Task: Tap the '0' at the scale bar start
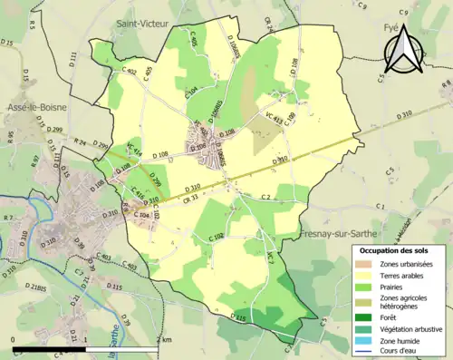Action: click(14, 339)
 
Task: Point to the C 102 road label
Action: click(215, 238)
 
